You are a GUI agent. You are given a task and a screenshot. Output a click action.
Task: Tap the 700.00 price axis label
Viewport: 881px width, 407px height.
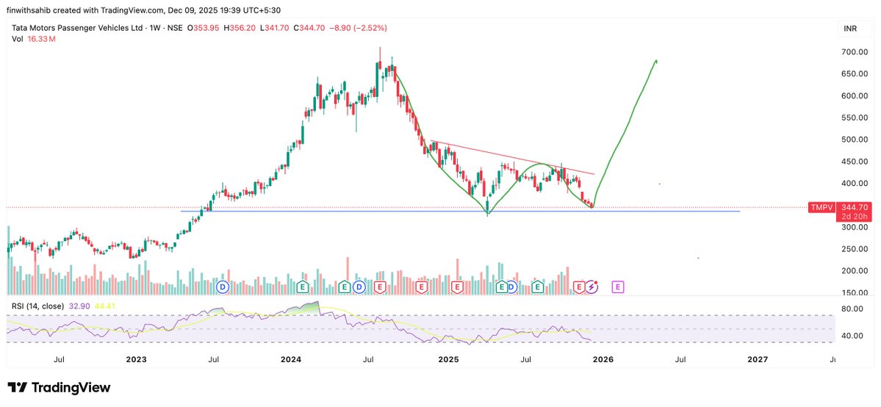tap(855, 52)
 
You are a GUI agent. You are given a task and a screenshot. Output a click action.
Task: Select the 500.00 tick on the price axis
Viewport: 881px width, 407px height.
tap(855, 140)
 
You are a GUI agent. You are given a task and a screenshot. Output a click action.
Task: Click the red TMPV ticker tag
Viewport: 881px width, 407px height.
tap(820, 208)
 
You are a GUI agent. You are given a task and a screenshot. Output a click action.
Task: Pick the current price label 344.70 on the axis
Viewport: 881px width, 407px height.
tap(855, 208)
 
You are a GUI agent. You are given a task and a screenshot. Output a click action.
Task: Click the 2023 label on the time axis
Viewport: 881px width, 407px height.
tap(136, 359)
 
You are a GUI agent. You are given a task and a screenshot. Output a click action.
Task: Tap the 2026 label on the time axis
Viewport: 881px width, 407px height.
tap(603, 359)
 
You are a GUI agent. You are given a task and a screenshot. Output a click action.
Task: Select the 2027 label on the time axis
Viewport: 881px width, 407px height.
tap(758, 359)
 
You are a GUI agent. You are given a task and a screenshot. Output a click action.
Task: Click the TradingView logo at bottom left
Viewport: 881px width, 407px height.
tap(59, 387)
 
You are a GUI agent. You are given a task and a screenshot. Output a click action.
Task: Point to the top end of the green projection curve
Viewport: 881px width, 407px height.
tap(655, 61)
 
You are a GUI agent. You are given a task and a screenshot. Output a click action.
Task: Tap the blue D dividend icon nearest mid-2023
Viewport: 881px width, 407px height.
tap(223, 286)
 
